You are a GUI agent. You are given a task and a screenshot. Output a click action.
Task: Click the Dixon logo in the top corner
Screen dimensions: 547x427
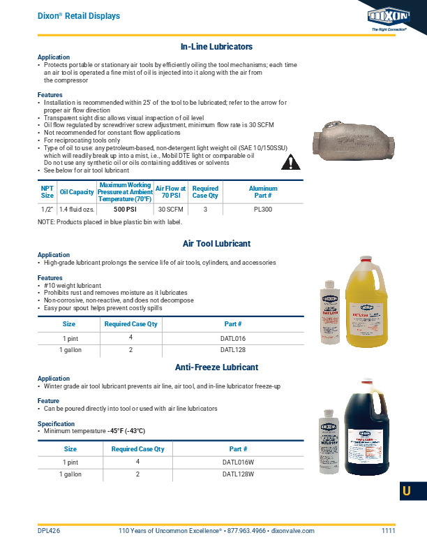(394, 15)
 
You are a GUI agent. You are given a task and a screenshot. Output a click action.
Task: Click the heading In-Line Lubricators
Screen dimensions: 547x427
(216, 47)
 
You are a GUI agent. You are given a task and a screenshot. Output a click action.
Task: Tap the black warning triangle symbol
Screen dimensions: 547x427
(291, 163)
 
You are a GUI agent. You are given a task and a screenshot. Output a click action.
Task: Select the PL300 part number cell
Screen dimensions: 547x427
(263, 209)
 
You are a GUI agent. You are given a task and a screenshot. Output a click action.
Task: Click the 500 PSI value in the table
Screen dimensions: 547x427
(124, 209)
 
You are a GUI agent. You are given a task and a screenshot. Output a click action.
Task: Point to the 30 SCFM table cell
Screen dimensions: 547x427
(170, 209)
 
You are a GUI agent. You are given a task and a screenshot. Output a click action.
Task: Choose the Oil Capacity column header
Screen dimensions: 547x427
(77, 192)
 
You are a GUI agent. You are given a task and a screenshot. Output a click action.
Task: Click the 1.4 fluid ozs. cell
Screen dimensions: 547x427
(77, 209)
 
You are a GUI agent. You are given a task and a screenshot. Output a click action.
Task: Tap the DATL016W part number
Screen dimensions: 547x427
(238, 462)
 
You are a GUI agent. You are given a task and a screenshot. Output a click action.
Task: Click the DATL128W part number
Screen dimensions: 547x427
(238, 474)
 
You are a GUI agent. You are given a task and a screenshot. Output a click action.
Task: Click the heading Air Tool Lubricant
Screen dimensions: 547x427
(216, 244)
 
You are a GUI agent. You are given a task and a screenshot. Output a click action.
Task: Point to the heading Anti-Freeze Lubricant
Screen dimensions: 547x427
(216, 367)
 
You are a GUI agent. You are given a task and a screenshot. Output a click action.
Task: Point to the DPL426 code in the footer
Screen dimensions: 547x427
(49, 531)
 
